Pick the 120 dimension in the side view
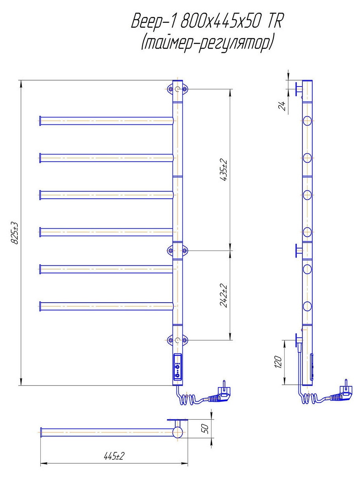coord(278,362)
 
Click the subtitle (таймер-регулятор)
coord(207,43)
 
